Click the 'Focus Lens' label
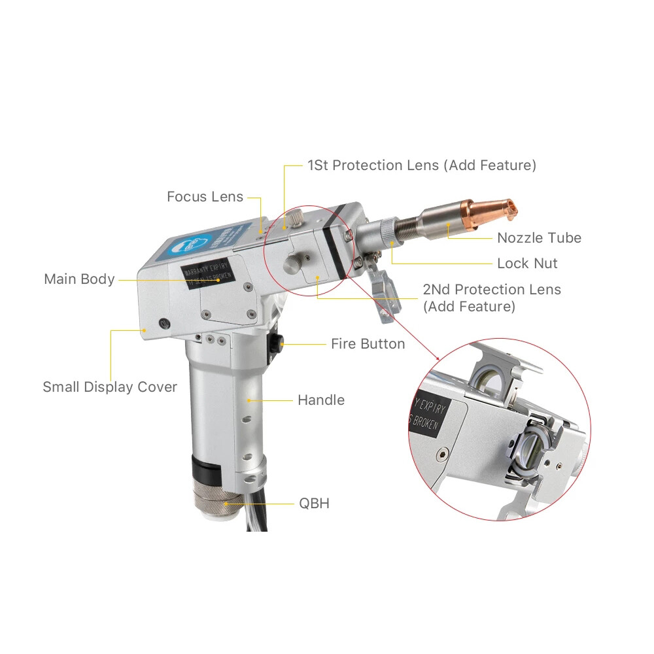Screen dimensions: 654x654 tap(205, 197)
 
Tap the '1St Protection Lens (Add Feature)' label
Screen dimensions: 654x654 tap(422, 165)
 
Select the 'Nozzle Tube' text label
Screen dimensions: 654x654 tap(539, 238)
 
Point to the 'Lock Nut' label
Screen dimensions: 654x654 tap(527, 264)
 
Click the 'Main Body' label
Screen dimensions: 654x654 tap(79, 279)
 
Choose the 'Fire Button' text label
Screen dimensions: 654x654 tap(368, 344)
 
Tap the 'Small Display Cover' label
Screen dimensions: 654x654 tap(110, 387)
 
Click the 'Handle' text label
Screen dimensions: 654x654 tap(320, 400)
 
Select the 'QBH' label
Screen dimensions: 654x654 tap(314, 504)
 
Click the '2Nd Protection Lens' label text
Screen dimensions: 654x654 tap(492, 290)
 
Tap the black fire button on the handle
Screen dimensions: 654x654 tap(275, 341)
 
